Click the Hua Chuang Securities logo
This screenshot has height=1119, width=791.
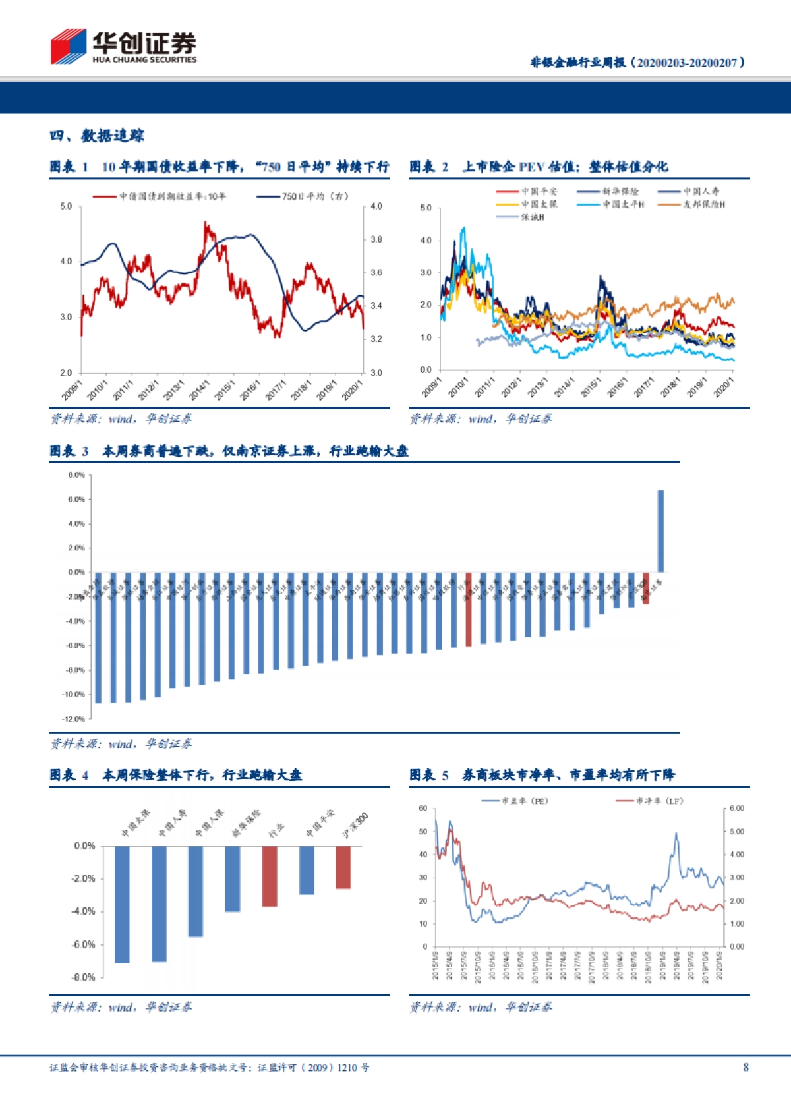[123, 46]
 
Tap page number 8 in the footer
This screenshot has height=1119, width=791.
[746, 1067]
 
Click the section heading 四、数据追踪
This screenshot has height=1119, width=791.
[97, 136]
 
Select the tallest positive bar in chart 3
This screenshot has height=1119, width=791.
[660, 531]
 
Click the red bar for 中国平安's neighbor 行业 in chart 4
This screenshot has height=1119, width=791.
[270, 876]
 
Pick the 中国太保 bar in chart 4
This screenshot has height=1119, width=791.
[122, 904]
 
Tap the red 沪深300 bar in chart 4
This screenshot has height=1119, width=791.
[343, 867]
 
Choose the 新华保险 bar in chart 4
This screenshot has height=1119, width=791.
[233, 878]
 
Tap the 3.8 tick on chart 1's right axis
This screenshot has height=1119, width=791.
[376, 239]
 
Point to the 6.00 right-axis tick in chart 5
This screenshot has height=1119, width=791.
[737, 808]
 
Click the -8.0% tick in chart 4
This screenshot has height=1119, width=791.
[83, 977]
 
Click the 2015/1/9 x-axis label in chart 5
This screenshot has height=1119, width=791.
[435, 965]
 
